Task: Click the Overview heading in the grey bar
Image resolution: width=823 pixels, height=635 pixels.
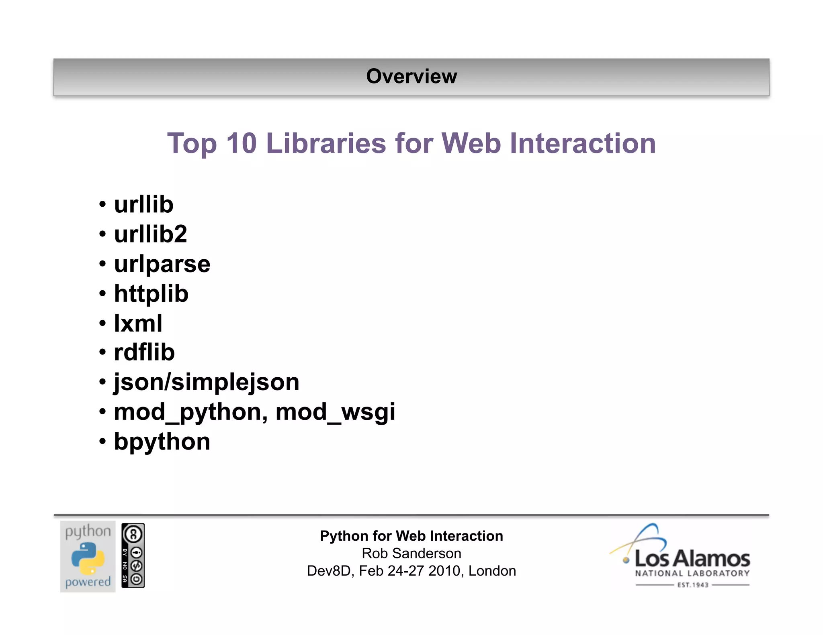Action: (x=411, y=76)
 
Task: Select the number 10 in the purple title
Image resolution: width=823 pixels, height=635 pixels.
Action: (x=241, y=143)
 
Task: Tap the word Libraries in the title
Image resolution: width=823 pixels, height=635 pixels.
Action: (x=326, y=143)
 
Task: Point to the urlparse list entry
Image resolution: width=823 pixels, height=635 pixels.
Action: (x=162, y=264)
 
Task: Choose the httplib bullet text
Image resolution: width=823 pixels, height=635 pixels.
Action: (x=151, y=293)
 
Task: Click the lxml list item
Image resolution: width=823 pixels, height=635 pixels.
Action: (x=138, y=323)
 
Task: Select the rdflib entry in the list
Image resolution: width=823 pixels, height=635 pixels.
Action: (x=144, y=352)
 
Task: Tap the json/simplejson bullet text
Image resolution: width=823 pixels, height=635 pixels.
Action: (x=207, y=382)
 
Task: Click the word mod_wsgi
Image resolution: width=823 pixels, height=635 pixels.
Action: (x=336, y=412)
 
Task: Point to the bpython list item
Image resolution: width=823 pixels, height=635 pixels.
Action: (x=162, y=442)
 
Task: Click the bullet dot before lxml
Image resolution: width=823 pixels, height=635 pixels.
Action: (x=102, y=323)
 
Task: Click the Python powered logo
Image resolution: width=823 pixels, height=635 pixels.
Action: (x=88, y=556)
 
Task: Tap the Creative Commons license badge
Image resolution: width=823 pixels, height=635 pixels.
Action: (x=133, y=556)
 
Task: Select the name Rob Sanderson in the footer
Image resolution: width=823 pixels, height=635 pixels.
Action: (x=411, y=554)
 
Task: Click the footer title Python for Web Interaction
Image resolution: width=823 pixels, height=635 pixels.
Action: (x=411, y=536)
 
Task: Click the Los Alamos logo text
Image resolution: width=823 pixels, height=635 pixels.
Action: (x=692, y=559)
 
